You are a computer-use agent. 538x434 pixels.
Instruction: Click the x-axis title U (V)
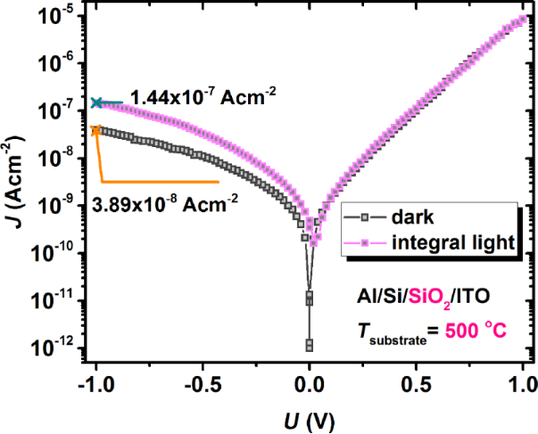310,416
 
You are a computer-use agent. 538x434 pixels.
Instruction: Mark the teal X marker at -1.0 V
96,103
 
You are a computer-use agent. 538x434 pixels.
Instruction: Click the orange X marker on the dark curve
96,130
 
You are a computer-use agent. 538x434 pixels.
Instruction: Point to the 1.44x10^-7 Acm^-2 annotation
202,96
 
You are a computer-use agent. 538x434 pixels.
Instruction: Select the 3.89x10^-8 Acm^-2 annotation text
165,205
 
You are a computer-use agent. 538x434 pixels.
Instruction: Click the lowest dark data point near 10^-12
310,345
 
